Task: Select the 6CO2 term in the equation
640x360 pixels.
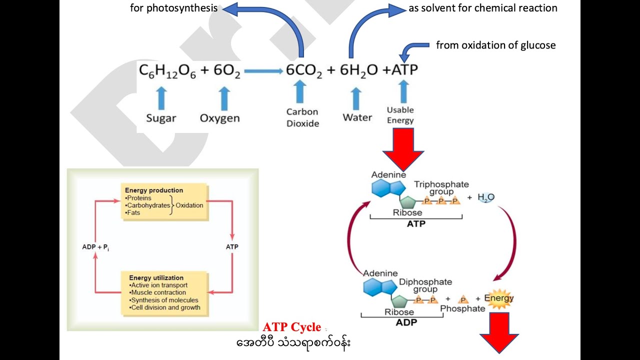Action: pyautogui.click(x=304, y=71)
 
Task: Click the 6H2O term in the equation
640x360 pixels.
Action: pyautogui.click(x=358, y=71)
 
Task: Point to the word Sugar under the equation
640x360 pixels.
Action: pyautogui.click(x=161, y=118)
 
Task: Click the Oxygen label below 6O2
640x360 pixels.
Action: pyautogui.click(x=219, y=118)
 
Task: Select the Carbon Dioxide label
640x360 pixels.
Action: pyautogui.click(x=302, y=117)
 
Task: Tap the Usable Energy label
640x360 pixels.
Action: pyautogui.click(x=400, y=115)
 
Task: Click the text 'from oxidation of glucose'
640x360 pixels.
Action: pyautogui.click(x=495, y=45)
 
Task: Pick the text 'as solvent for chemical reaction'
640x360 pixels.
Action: pyautogui.click(x=483, y=8)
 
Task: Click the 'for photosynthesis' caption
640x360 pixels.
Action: pyautogui.click(x=173, y=8)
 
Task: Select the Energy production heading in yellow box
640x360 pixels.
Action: pyautogui.click(x=154, y=190)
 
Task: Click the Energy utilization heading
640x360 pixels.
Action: pyautogui.click(x=156, y=278)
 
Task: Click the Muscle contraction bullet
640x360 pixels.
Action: pyautogui.click(x=158, y=292)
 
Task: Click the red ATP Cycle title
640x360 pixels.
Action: pyautogui.click(x=292, y=327)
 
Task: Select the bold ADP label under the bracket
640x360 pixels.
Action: pyautogui.click(x=406, y=322)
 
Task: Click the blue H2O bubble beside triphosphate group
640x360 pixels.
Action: pyautogui.click(x=485, y=197)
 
